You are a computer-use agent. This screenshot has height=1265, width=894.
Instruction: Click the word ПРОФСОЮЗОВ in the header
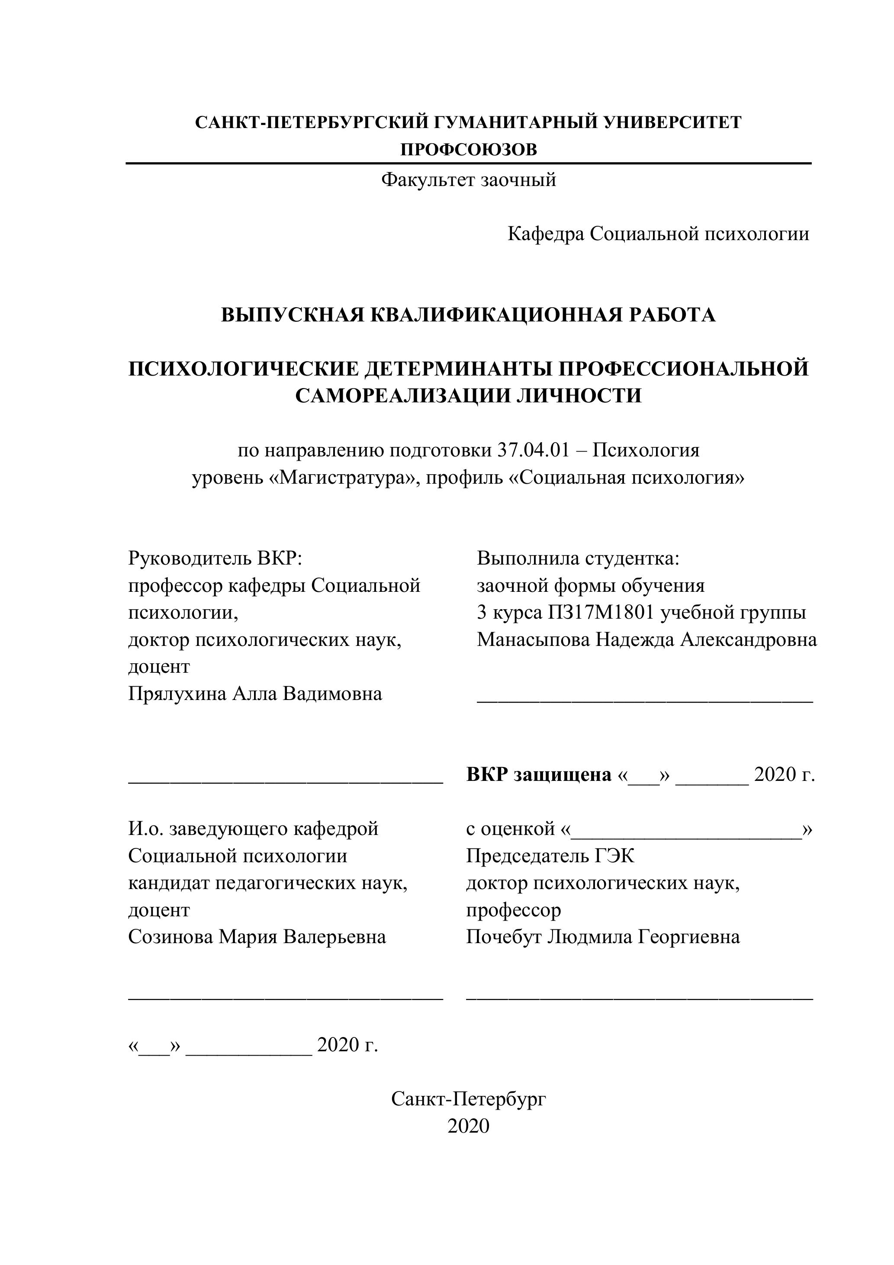pyautogui.click(x=469, y=150)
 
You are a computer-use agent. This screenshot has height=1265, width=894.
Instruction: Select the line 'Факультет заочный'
pyautogui.click(x=469, y=180)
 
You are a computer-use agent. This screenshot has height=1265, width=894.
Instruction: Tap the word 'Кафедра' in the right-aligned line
pyautogui.click(x=546, y=234)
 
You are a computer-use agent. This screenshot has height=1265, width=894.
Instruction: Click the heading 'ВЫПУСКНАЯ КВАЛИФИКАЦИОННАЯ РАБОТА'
pyautogui.click(x=469, y=315)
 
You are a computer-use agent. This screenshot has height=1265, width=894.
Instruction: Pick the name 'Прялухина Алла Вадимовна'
pyautogui.click(x=255, y=693)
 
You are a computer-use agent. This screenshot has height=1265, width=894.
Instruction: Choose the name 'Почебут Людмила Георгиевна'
pyautogui.click(x=603, y=937)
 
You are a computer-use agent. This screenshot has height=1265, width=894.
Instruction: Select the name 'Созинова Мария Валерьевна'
pyautogui.click(x=257, y=937)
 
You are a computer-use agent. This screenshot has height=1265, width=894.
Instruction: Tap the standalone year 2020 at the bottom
pyautogui.click(x=469, y=1126)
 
